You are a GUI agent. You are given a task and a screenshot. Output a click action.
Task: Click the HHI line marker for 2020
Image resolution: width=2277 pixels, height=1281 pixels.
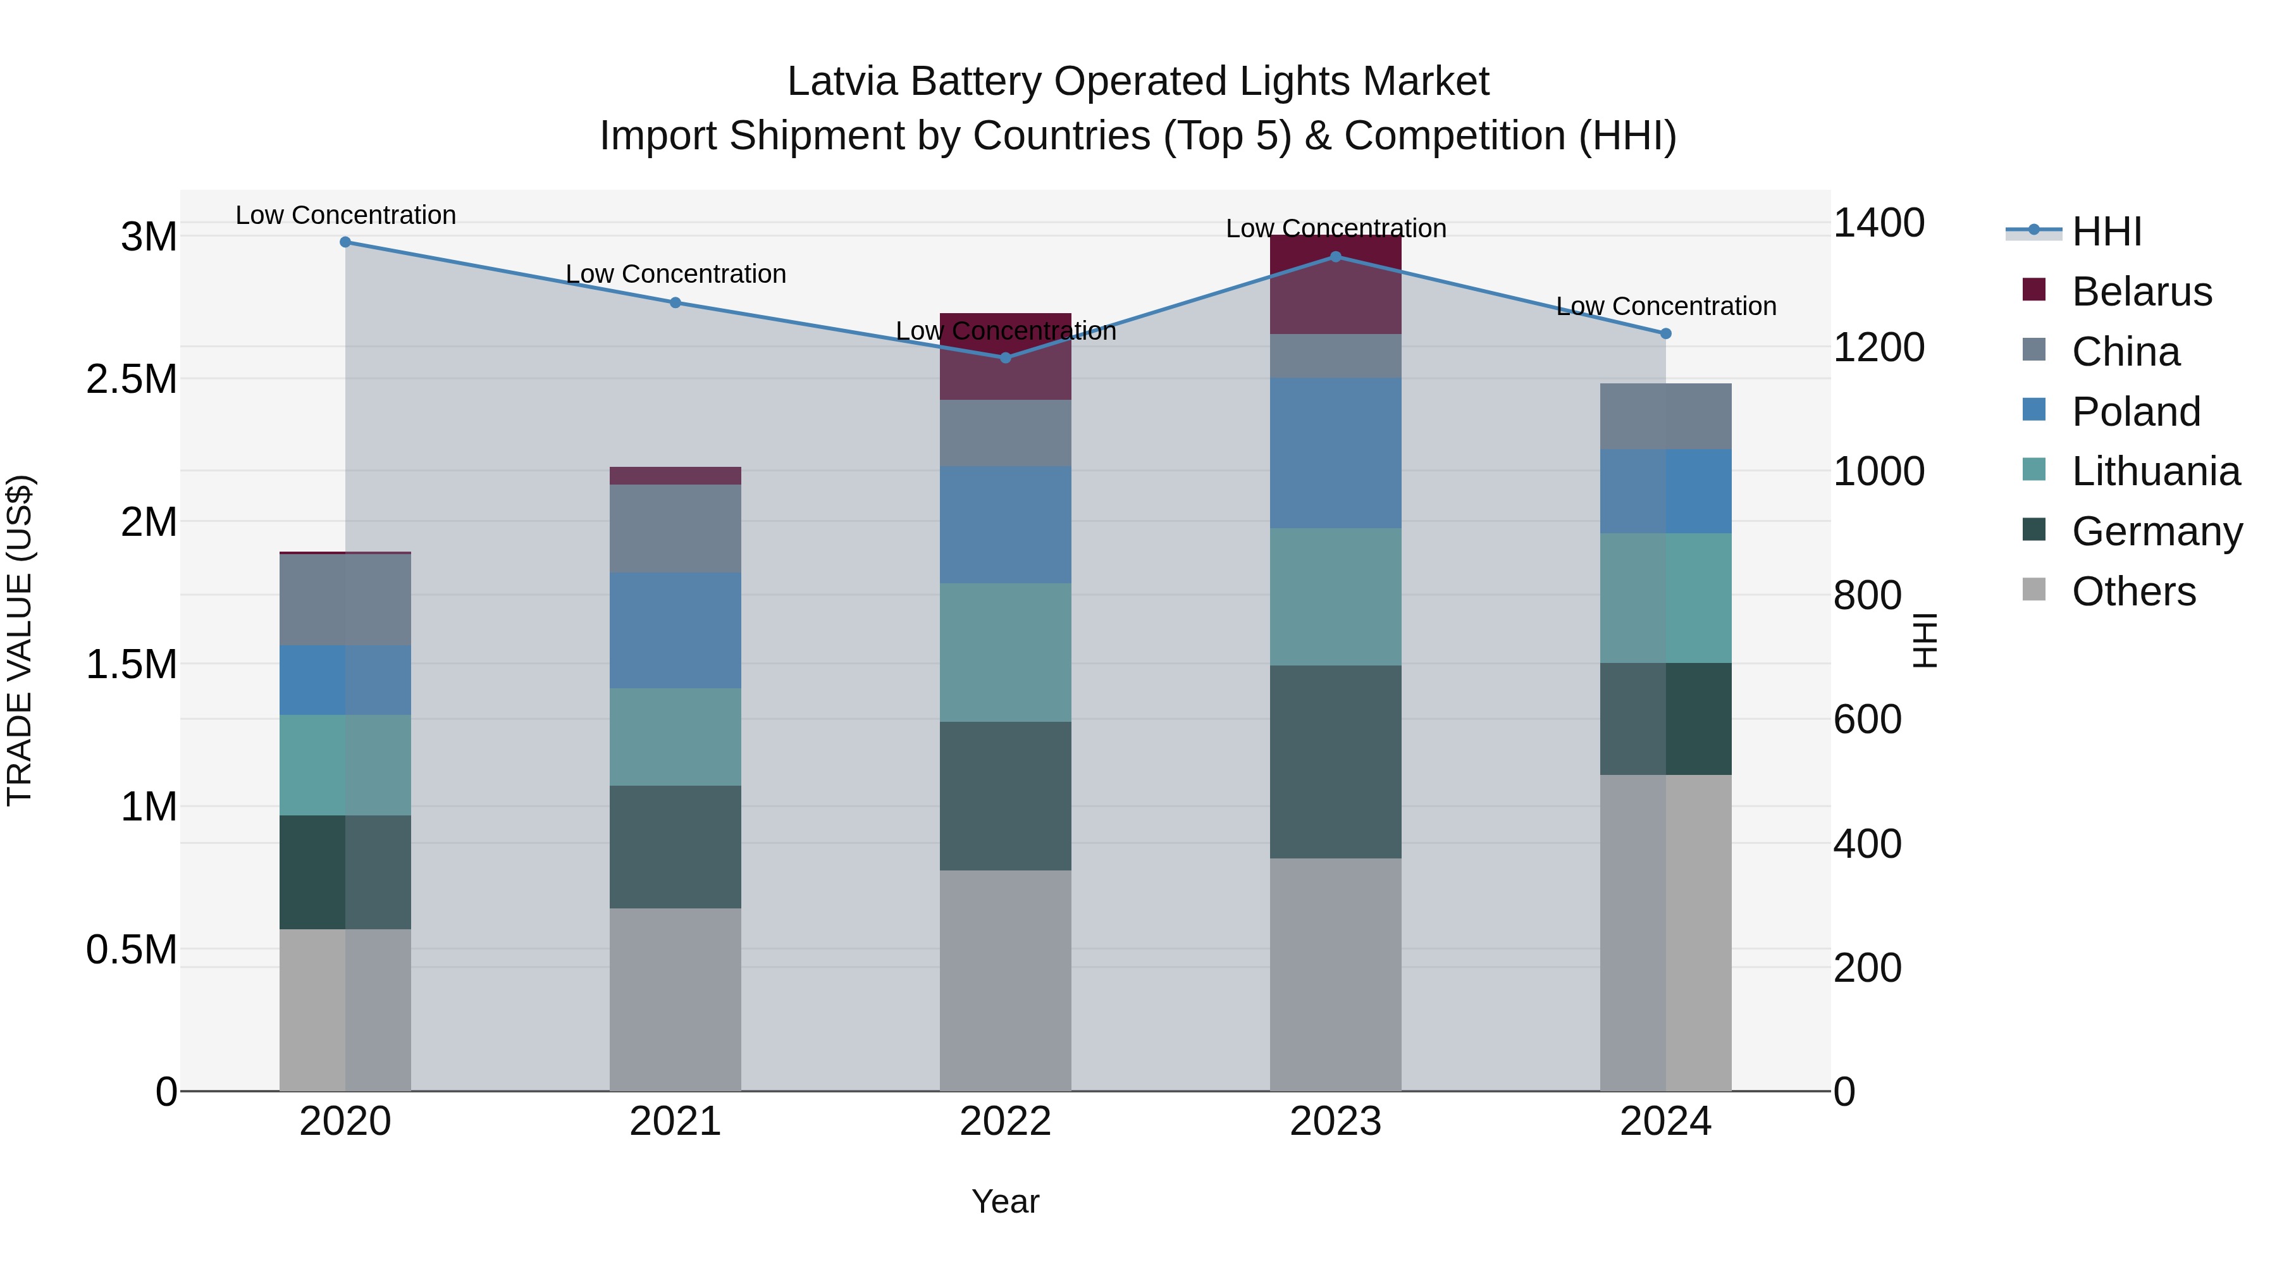coord(345,242)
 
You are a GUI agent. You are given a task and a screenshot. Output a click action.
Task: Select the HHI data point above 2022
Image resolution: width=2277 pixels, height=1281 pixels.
coord(1005,358)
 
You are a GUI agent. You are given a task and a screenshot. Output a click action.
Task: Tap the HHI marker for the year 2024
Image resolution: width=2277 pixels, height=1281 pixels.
coord(1665,334)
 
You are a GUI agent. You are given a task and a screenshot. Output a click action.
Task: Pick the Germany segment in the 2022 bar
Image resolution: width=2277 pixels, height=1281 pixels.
coord(1005,796)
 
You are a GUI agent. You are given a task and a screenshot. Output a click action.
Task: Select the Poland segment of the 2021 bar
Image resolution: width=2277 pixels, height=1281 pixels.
coord(676,629)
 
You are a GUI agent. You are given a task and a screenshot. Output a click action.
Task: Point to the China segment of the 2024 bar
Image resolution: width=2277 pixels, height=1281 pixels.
coord(1665,416)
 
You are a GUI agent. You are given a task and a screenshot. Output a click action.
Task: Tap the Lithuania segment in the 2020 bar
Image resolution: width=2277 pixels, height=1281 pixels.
coord(345,765)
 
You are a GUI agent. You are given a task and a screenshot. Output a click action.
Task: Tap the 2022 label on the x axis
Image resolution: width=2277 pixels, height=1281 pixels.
coord(1005,1122)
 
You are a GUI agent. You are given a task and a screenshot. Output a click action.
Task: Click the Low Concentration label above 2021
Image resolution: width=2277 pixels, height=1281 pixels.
coord(676,274)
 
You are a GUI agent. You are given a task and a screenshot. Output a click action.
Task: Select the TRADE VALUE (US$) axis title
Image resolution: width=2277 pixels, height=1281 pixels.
coord(20,640)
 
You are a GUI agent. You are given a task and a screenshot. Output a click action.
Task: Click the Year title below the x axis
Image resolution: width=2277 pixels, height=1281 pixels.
coord(1005,1201)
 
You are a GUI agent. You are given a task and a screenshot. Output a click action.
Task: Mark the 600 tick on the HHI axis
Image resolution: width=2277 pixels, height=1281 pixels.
coord(1867,720)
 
